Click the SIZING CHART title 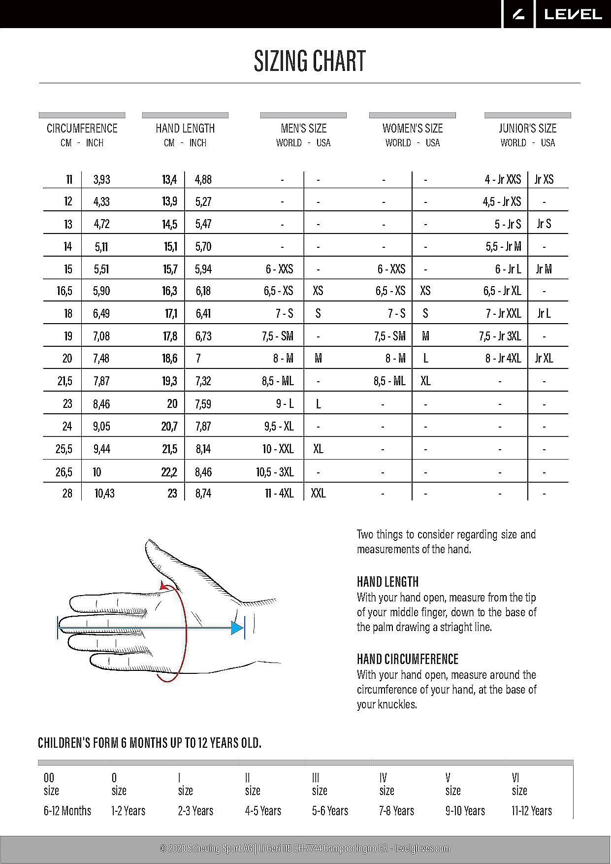310,61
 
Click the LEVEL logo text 573,14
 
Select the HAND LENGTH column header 185,129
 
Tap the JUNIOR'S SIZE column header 527,129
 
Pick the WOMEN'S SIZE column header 413,129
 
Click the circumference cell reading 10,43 104,493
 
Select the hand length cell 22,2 169,472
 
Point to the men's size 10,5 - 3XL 275,472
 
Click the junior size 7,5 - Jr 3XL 500,336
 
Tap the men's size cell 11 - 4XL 279,493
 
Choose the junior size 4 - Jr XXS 503,179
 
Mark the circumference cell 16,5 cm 64,291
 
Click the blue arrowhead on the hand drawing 238,628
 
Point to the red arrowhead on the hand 163,585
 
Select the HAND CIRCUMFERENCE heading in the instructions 407,659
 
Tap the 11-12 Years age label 532,811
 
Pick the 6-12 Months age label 67,811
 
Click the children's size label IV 383,778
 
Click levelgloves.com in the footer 422,848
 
